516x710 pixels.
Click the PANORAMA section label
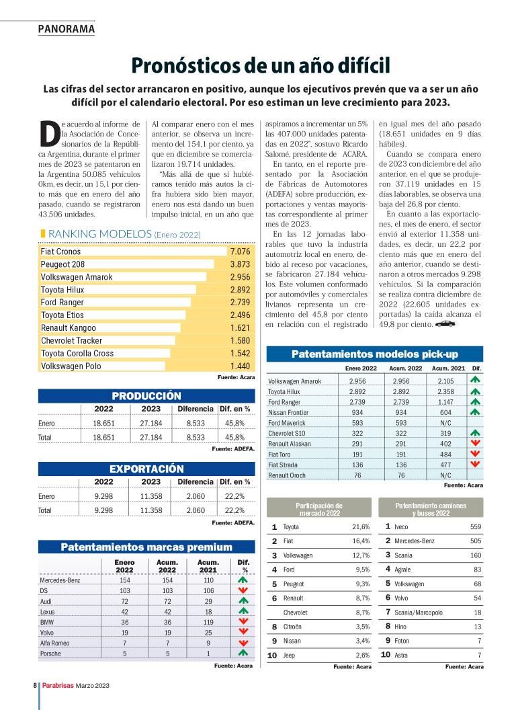click(x=67, y=29)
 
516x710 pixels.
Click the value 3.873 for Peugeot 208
click(x=239, y=264)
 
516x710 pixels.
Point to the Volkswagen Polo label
click(x=71, y=366)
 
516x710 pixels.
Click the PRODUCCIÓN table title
click(x=146, y=396)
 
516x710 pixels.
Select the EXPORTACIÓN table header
click(x=146, y=469)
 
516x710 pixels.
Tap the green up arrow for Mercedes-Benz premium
click(x=243, y=580)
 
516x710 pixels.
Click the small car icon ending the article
click(x=445, y=324)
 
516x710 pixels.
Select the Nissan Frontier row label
click(x=290, y=411)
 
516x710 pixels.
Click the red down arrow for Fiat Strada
click(x=476, y=464)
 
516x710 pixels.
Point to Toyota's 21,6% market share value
click(x=361, y=526)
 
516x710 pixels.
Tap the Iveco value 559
click(x=474, y=526)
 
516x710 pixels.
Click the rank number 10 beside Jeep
click(x=272, y=655)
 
